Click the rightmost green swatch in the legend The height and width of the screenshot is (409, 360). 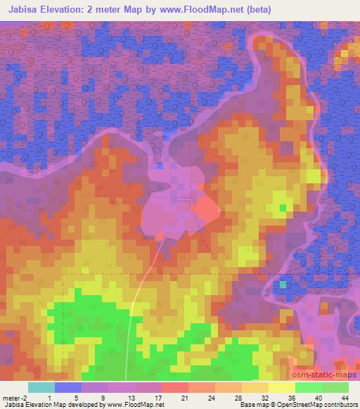coord(335,387)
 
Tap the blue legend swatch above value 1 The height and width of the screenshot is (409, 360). coord(67,387)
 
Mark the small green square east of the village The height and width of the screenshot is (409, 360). coord(283,207)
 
